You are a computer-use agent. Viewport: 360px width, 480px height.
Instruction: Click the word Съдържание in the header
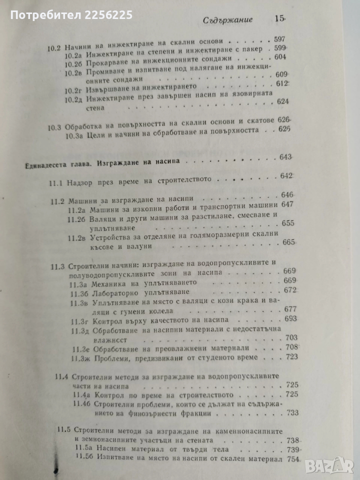228,21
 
